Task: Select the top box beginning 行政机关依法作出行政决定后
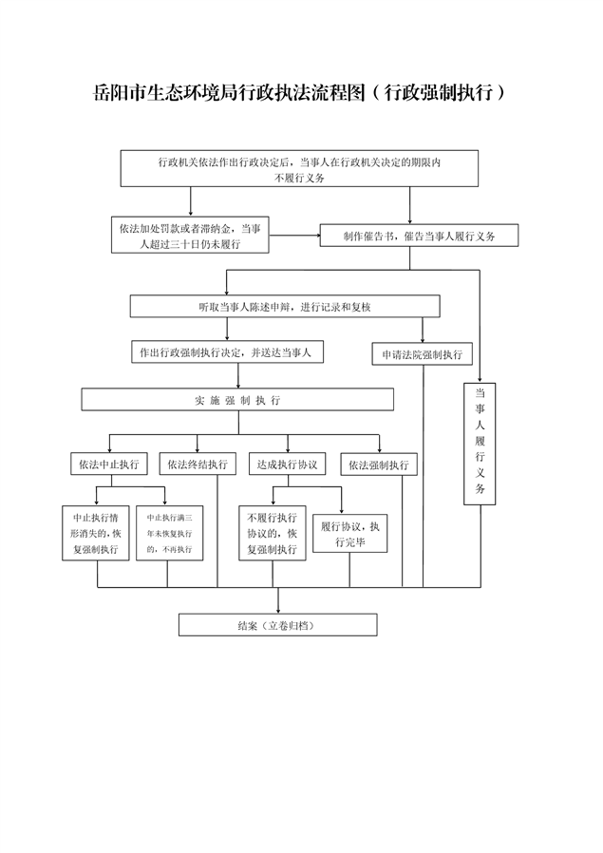pos(299,169)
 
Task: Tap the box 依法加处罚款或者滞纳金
pos(189,236)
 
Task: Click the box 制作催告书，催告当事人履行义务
pos(419,236)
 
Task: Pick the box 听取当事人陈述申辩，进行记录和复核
pos(285,306)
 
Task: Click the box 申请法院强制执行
pos(422,355)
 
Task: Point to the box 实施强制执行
pos(237,401)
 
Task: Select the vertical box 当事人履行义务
pos(481,442)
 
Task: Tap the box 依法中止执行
pos(109,464)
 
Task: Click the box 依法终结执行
pos(198,464)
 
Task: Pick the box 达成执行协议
pos(286,464)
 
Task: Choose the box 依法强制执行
pos(378,464)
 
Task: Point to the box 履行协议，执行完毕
pos(349,536)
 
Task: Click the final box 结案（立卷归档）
pos(277,625)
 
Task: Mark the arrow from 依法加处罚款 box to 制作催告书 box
pos(293,234)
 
